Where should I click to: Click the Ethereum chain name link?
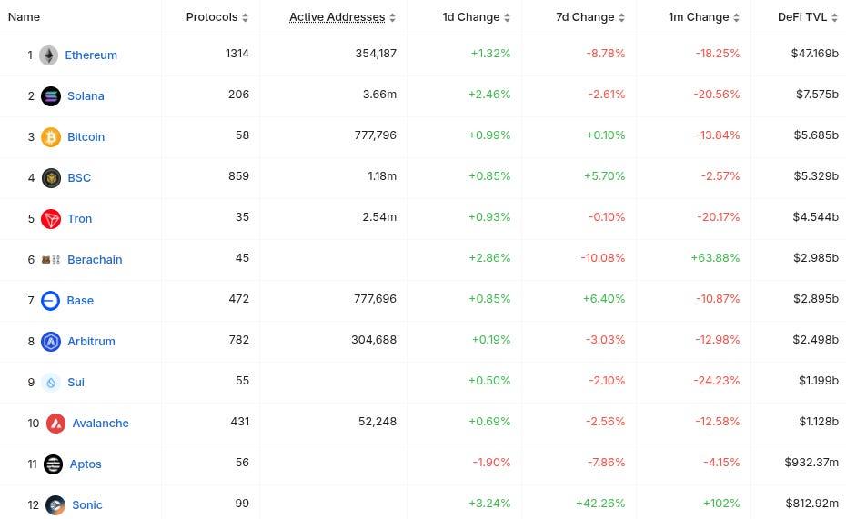91,55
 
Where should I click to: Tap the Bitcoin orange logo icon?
51,136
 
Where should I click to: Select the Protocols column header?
212,17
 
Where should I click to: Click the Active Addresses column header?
337,17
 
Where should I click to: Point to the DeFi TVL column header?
802,17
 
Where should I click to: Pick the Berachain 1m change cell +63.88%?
715,257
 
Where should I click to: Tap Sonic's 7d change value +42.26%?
600,503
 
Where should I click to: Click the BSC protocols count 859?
237,175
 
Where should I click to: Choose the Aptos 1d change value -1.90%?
491,462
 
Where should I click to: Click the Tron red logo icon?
51,218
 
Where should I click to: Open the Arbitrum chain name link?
91,341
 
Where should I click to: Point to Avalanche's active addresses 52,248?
376,421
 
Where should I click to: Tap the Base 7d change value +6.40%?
604,298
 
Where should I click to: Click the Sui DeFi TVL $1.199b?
818,380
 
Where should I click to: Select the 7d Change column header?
585,17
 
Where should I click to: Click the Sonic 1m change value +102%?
720,503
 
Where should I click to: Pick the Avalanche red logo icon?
55,423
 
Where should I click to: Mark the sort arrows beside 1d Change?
507,18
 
